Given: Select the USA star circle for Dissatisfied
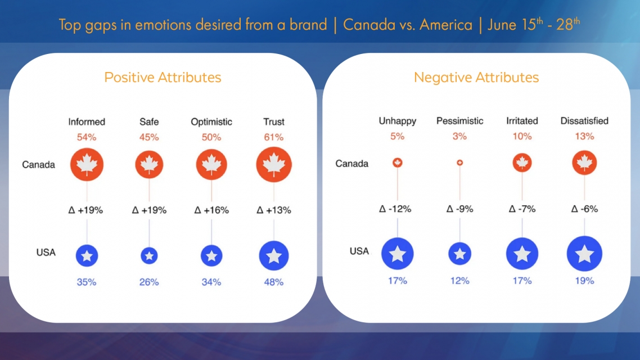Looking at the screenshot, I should point(584,254).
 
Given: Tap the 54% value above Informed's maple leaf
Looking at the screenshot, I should point(87,136).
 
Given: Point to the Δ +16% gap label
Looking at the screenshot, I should point(211,210).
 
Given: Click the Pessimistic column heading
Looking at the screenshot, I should point(459,121).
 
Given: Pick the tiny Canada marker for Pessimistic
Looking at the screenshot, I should point(459,163).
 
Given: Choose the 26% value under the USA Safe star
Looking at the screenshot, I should point(149,282).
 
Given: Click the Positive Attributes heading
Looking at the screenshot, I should point(163,78).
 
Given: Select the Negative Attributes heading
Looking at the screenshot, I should point(476,78).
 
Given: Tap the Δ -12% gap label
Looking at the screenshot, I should point(395,209).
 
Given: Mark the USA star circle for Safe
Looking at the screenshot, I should point(149,255).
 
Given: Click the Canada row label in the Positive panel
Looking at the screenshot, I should point(38,165).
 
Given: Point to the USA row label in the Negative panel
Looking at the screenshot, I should point(359,251).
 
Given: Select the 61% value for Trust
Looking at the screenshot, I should point(274,136).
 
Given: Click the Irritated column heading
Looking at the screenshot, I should point(522,121).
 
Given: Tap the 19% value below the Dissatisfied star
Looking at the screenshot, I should point(584,280).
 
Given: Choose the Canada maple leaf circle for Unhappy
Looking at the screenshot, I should point(398,163).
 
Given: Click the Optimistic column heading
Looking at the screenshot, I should point(211,121).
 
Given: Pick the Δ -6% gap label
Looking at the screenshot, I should point(584,209).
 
